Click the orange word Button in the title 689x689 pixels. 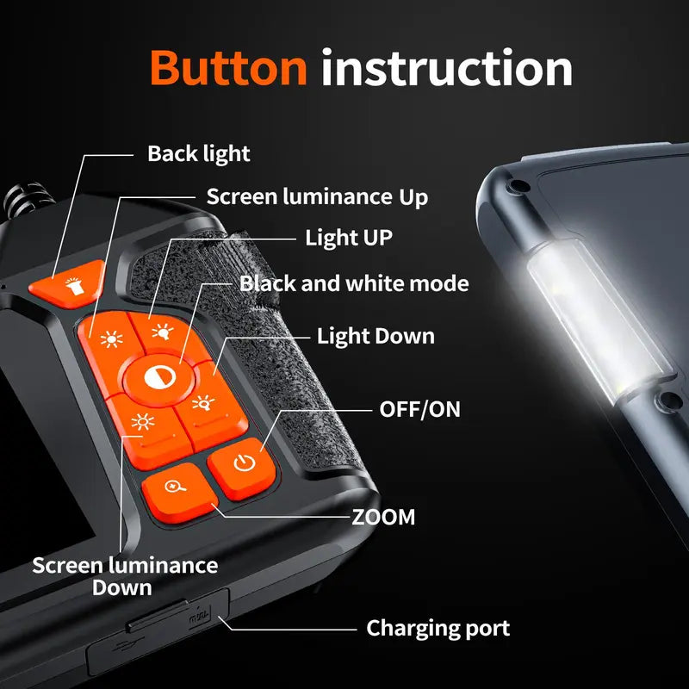(x=228, y=68)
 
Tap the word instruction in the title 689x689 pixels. (x=447, y=68)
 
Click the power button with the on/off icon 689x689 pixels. (x=243, y=467)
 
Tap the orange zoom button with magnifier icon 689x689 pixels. (x=178, y=491)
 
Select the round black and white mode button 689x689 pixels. (x=159, y=378)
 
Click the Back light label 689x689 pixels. (x=199, y=154)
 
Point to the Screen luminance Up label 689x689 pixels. (x=317, y=196)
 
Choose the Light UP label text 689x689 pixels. (x=349, y=238)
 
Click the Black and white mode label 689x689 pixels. (x=354, y=283)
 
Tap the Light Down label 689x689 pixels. (x=376, y=336)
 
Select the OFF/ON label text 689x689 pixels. (x=419, y=409)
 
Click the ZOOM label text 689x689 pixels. (x=383, y=517)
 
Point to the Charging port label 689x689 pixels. (x=438, y=629)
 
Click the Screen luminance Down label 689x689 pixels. (x=125, y=576)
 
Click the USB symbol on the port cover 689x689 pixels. (x=126, y=647)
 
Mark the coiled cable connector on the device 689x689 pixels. (x=28, y=201)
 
